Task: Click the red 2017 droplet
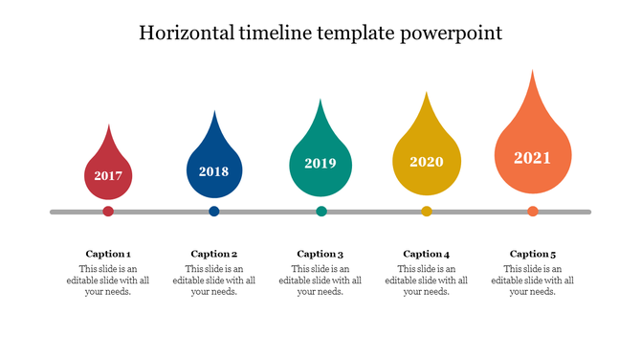click(x=108, y=172)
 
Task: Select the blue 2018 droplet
click(x=214, y=169)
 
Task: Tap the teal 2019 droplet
click(x=320, y=161)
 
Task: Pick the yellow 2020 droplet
click(x=427, y=159)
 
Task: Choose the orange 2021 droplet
click(x=533, y=153)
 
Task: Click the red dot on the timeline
click(x=108, y=212)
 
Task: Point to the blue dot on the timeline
click(x=214, y=212)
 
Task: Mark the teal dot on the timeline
click(x=321, y=212)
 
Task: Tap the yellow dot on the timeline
click(x=427, y=212)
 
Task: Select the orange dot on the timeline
click(x=533, y=212)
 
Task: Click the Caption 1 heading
click(x=108, y=254)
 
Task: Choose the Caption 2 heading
click(x=214, y=254)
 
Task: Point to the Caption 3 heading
click(x=320, y=254)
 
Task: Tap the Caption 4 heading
click(x=427, y=254)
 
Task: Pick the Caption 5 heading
click(x=533, y=254)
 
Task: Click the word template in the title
click(x=357, y=34)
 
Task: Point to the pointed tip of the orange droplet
click(x=533, y=72)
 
